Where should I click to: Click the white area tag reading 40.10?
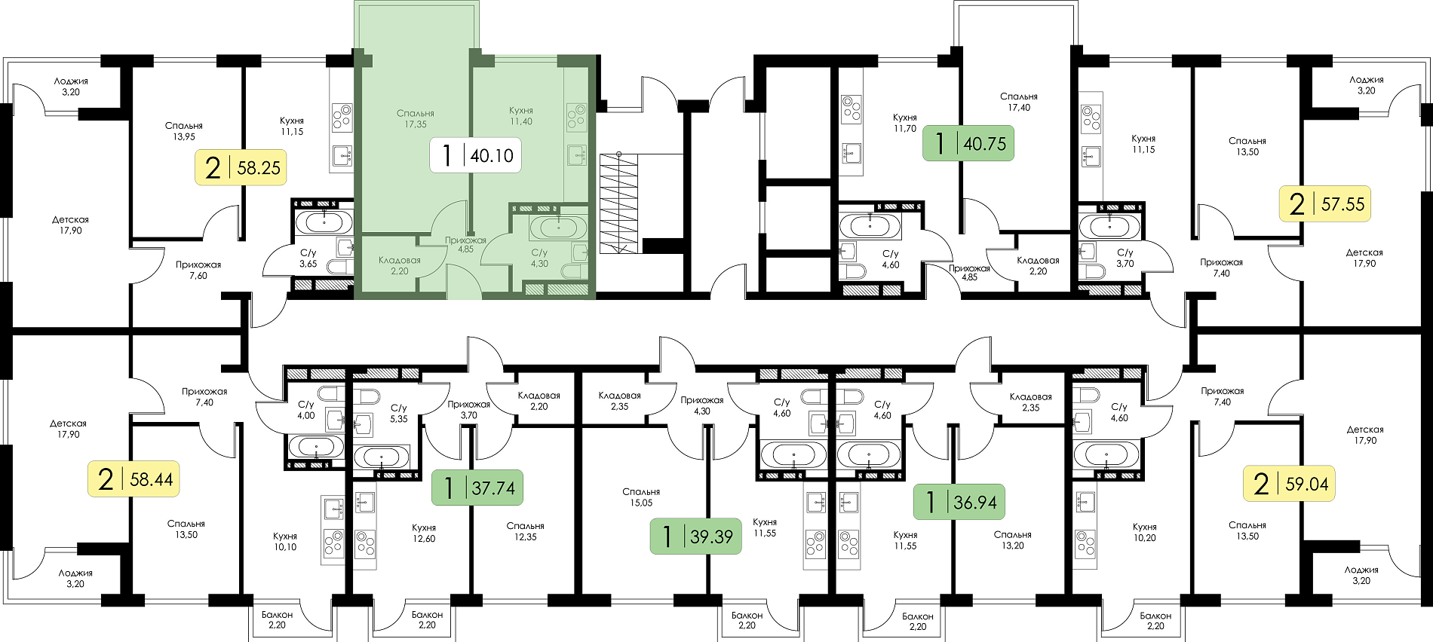[475, 155]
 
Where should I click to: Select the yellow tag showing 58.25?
[241, 167]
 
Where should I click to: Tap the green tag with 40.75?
[968, 143]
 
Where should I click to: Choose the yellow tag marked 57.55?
[1325, 203]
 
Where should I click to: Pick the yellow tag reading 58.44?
[134, 478]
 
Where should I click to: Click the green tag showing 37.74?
[477, 488]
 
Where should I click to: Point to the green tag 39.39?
[696, 536]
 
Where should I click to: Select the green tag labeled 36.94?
[959, 502]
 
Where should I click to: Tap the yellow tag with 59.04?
[1289, 483]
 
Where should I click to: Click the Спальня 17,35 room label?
[416, 119]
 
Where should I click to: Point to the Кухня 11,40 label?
[521, 116]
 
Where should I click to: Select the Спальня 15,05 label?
[641, 497]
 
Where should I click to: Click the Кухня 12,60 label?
[424, 533]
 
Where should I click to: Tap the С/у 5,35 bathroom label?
[398, 414]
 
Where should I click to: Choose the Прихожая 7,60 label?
[198, 271]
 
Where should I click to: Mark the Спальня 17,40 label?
[1019, 102]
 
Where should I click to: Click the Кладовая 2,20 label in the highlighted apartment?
[400, 265]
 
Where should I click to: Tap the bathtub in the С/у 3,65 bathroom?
[324, 222]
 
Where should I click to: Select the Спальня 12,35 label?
[526, 532]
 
